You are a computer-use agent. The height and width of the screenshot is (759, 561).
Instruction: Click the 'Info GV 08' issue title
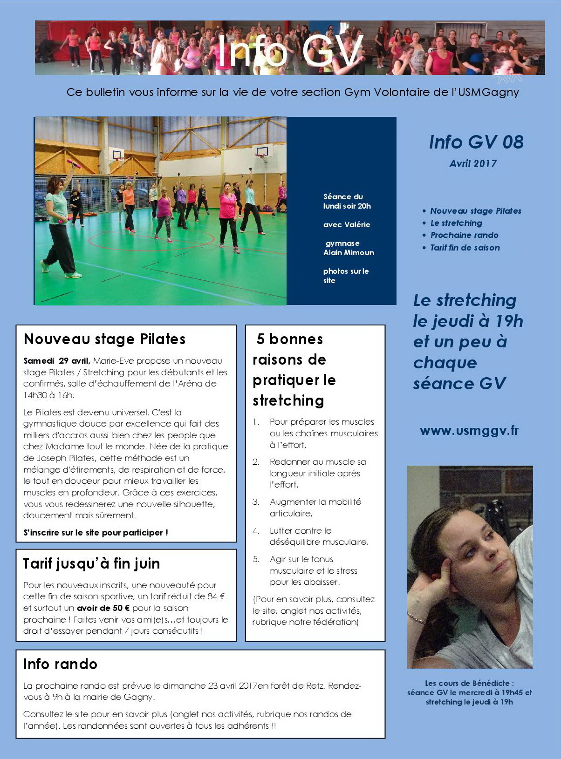click(x=476, y=142)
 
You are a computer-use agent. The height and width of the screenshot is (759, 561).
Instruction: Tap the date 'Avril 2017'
click(x=473, y=164)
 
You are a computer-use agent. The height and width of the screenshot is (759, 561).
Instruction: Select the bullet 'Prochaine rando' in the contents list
click(x=464, y=235)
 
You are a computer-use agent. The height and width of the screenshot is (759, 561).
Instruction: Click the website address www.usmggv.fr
click(x=469, y=431)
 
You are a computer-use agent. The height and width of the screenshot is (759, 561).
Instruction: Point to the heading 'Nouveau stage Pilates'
click(x=104, y=339)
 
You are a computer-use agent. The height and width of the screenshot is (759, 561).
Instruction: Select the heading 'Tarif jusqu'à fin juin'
click(x=91, y=563)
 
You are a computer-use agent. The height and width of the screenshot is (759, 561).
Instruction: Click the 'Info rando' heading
click(x=60, y=664)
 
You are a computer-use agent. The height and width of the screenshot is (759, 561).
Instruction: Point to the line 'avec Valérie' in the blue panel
click(x=347, y=224)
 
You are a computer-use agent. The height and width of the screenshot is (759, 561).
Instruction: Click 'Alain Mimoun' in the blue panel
click(x=349, y=252)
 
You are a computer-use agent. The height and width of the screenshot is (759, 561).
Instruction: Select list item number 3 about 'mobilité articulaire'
click(x=315, y=508)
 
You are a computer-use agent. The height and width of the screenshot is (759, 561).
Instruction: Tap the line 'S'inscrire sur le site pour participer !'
click(x=96, y=533)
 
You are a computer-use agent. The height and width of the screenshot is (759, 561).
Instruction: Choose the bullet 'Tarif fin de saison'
click(x=465, y=248)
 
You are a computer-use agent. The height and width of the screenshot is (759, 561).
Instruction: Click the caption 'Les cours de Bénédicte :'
click(x=469, y=683)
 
